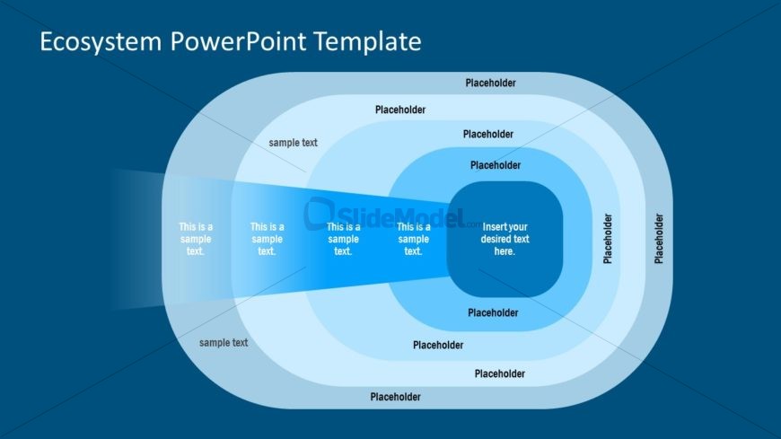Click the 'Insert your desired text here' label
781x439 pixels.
(505, 239)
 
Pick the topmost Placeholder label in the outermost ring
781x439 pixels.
(490, 83)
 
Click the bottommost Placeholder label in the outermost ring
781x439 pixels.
(395, 396)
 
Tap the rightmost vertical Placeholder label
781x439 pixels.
(659, 238)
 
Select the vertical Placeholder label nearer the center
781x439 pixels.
(608, 238)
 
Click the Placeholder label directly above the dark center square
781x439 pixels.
(495, 165)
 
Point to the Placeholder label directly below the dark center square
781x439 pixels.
(493, 312)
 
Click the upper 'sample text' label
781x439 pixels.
(293, 143)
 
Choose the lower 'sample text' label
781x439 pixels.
(224, 342)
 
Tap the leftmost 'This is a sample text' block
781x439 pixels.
(196, 239)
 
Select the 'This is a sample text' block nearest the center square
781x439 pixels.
(413, 239)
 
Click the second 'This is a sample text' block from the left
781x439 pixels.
(267, 239)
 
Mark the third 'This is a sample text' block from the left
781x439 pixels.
(343, 239)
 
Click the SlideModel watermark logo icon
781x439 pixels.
(319, 213)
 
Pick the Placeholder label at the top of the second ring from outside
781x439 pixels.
(400, 110)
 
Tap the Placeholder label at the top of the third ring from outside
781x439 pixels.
(488, 134)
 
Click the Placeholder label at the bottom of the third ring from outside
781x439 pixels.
(438, 345)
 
